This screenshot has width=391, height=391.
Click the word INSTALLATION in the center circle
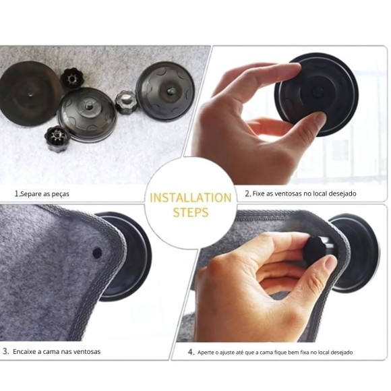191,198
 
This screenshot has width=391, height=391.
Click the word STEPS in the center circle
191,212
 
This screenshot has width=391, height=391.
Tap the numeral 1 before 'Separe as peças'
17,193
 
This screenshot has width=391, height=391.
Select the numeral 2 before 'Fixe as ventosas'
247,193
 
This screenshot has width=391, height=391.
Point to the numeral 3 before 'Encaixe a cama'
5,351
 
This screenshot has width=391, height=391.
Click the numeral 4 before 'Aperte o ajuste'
191,352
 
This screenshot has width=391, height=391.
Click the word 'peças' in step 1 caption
61,194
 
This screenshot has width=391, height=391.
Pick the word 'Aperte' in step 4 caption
206,353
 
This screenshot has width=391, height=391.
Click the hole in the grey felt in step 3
97,253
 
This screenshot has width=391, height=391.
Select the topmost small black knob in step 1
71,78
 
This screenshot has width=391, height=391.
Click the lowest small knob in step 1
57,138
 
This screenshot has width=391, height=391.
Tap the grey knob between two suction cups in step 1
127,102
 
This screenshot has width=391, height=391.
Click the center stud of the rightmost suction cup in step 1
170,90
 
